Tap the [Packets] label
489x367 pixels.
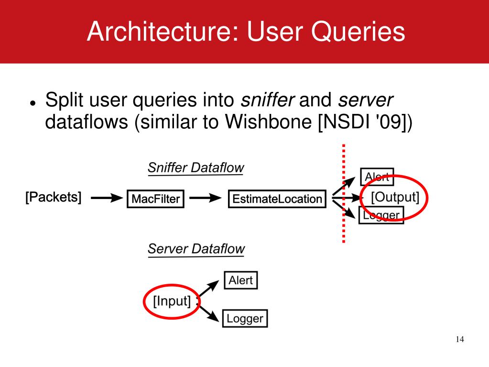click(53, 197)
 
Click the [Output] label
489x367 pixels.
click(395, 197)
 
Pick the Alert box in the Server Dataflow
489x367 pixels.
click(240, 280)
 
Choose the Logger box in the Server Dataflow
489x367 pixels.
click(245, 318)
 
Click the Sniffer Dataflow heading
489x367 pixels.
click(196, 168)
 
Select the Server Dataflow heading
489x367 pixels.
click(196, 249)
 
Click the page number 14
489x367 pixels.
click(459, 340)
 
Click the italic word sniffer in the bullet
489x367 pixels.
click(267, 100)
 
